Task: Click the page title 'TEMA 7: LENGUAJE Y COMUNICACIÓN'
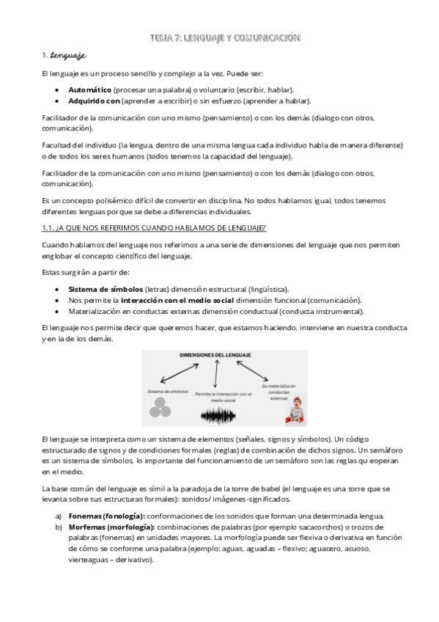(x=224, y=37)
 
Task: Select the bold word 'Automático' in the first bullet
(x=89, y=89)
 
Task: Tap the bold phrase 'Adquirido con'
(x=93, y=100)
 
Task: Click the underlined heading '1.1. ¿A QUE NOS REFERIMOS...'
(x=154, y=227)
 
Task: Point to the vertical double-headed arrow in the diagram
(x=216, y=374)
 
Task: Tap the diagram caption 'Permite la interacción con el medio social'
(x=223, y=397)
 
